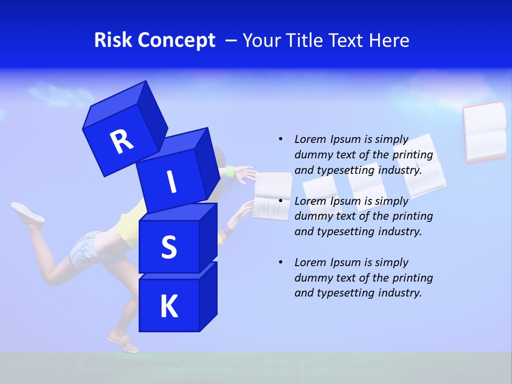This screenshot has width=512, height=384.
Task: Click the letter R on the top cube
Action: tap(122, 142)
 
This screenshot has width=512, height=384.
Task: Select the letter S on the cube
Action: tap(169, 247)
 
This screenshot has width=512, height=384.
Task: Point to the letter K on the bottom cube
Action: tap(169, 307)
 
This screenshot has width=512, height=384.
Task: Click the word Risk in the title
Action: tap(113, 40)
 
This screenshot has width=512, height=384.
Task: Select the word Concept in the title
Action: tap(176, 41)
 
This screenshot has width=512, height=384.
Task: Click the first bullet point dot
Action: tap(281, 139)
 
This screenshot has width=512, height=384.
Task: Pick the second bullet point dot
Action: tap(281, 201)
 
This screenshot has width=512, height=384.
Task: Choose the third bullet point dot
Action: tap(281, 262)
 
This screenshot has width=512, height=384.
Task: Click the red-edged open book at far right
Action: tap(484, 132)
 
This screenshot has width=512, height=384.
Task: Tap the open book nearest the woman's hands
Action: tap(272, 196)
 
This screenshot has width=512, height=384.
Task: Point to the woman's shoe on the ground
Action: tap(124, 342)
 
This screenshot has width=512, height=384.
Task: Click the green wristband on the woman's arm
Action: tap(230, 172)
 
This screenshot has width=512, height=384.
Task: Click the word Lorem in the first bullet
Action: tap(310, 139)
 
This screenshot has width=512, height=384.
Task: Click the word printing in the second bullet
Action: tap(412, 216)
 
